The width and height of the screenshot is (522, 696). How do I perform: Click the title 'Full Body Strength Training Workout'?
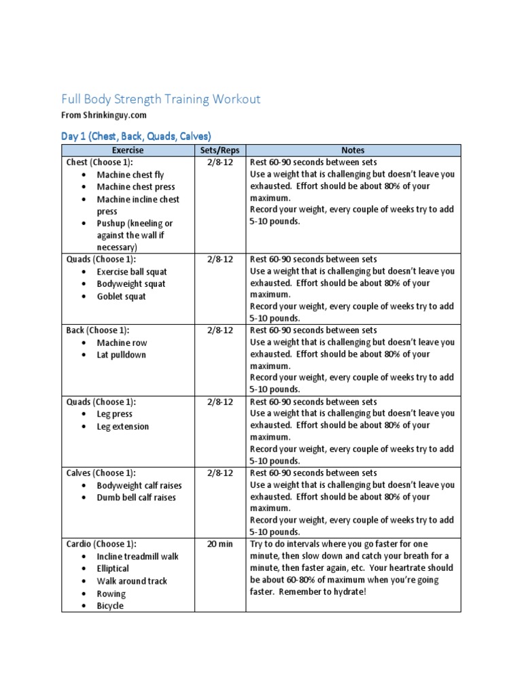point(161,99)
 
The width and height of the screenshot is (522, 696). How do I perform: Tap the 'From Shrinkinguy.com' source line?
point(104,116)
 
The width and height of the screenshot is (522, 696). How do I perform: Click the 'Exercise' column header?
point(128,150)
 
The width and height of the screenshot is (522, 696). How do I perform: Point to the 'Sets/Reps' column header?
point(220,150)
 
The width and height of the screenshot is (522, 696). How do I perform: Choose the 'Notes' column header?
point(353,150)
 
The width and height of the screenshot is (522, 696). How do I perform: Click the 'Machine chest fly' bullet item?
point(130,175)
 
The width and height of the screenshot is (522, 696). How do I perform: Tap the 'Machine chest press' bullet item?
point(136,187)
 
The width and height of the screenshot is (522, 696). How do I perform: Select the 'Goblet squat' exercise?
point(121,296)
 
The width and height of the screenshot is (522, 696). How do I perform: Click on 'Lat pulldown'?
point(121,355)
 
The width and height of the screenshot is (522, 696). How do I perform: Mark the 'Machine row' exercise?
point(122,343)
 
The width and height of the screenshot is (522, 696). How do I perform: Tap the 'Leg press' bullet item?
point(114,414)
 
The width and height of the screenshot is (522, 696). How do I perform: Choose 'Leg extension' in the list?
point(122,427)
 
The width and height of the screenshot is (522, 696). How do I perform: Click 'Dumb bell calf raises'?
point(136,498)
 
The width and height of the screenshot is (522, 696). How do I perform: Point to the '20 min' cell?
point(220,544)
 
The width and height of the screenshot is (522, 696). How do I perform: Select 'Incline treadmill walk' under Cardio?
point(138,557)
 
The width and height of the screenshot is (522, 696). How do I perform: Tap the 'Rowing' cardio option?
point(111,593)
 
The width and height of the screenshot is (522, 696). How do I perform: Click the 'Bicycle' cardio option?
point(110,606)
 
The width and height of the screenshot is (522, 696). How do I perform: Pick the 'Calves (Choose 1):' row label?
point(101,473)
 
